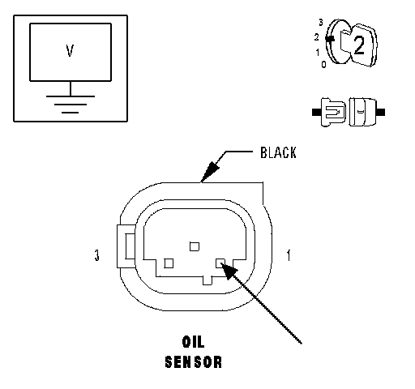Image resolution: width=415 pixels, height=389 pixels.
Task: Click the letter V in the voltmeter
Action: (70, 50)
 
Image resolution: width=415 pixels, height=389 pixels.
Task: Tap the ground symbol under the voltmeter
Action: (71, 104)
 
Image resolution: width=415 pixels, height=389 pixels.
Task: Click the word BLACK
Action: (278, 152)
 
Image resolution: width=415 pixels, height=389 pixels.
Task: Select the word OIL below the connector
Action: (194, 342)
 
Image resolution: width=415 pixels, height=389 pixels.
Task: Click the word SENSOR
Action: (194, 362)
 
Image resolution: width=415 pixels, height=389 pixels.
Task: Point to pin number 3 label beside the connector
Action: (97, 255)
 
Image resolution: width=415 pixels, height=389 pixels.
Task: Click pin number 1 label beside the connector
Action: (289, 255)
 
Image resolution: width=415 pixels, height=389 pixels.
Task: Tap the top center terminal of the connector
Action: (195, 246)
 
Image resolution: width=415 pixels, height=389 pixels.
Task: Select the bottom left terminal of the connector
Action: (169, 263)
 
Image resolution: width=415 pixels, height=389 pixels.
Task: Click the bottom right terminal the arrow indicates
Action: (220, 263)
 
